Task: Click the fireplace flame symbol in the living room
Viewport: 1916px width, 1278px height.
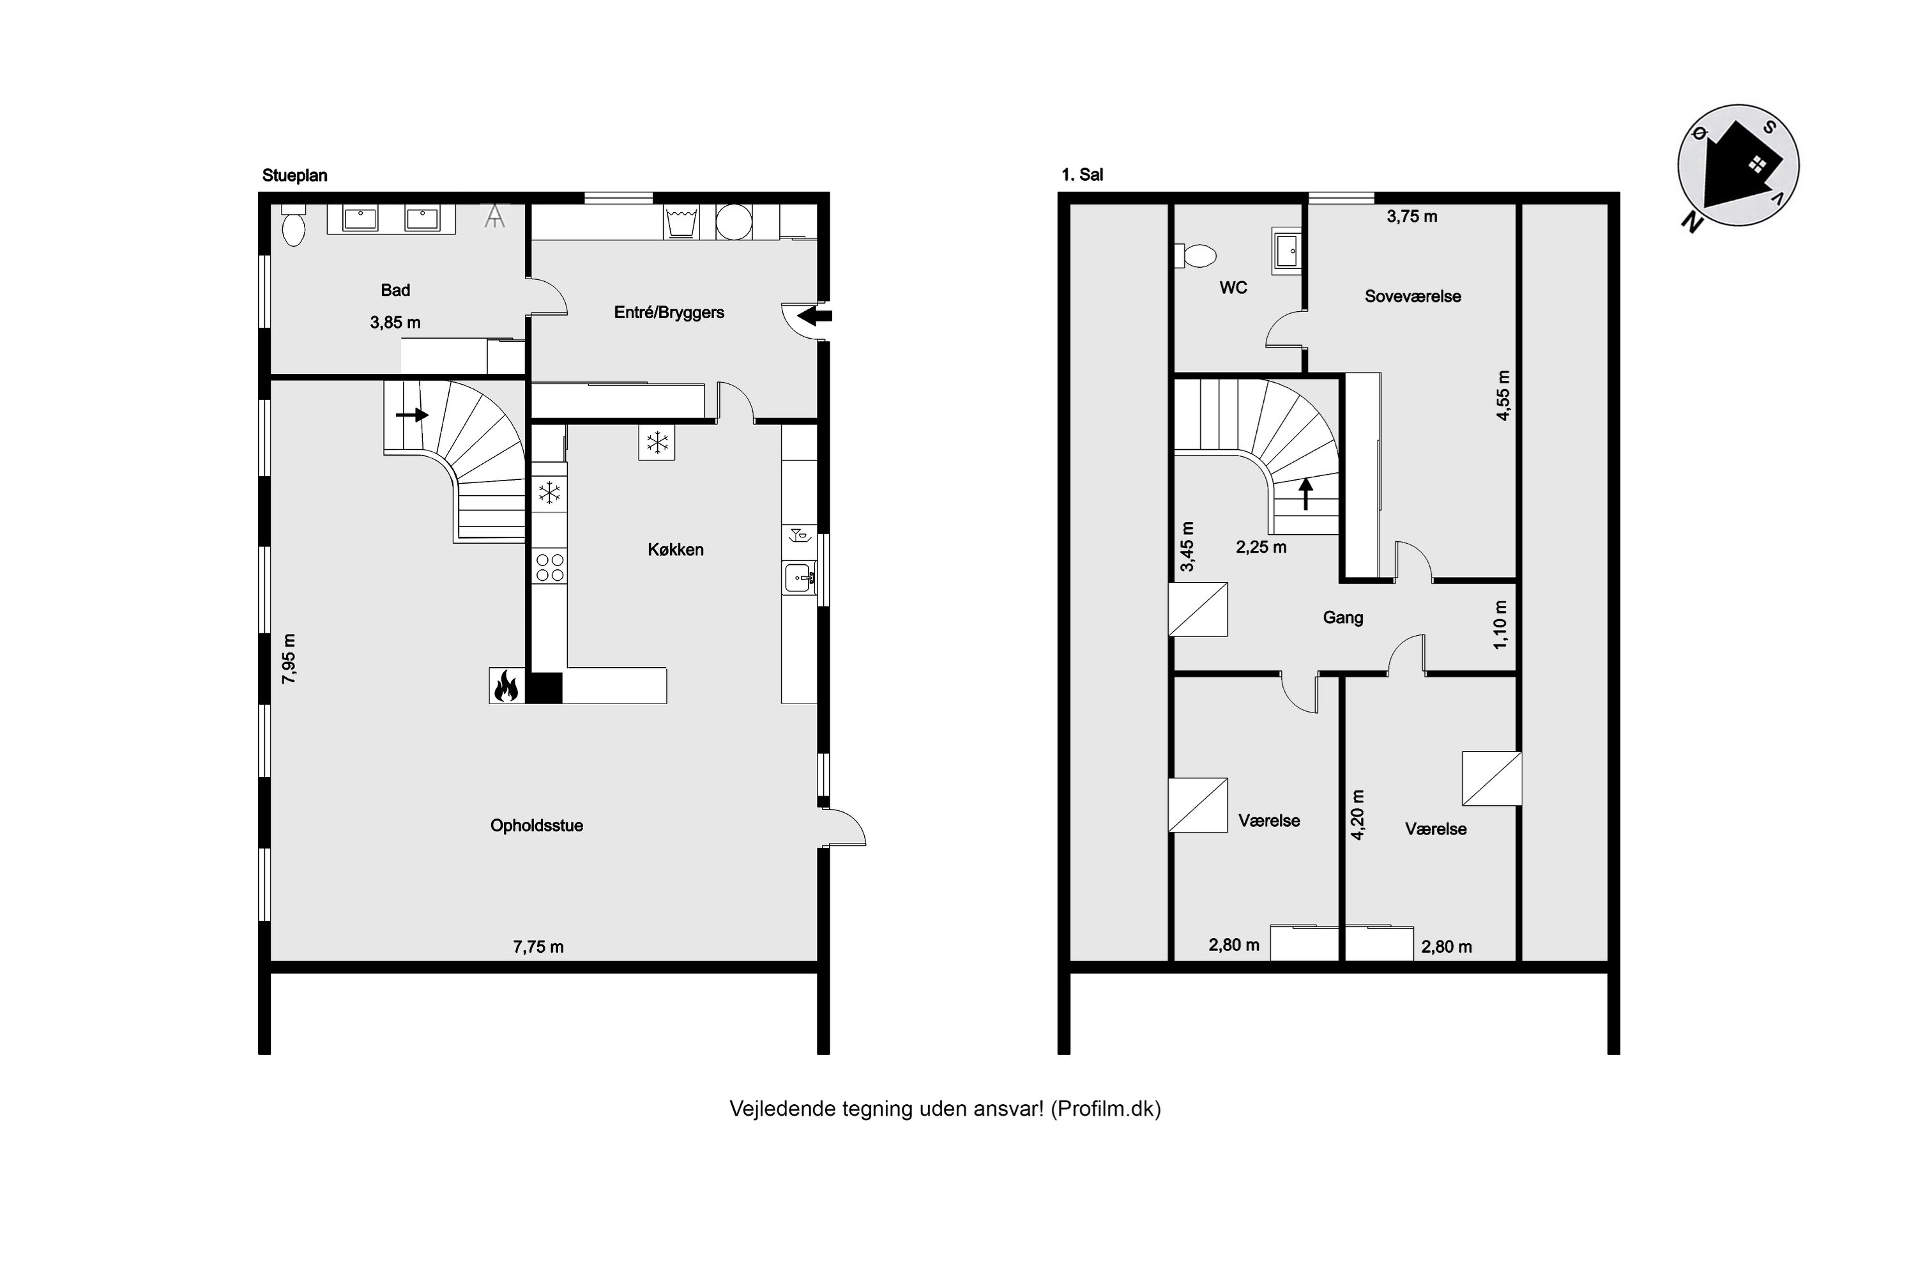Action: tap(506, 686)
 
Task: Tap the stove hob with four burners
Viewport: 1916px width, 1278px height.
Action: tap(550, 567)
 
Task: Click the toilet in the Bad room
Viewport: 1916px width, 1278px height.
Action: tap(293, 227)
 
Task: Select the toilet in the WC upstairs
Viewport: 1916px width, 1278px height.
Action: tap(1197, 256)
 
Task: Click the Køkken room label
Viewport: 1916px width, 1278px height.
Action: tap(675, 550)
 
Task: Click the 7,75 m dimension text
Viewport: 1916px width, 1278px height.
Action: tap(538, 947)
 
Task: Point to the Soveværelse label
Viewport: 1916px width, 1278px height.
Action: tap(1413, 296)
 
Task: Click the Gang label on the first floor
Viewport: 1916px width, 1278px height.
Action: tap(1342, 618)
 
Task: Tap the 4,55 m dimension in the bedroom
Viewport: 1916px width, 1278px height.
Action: tap(1503, 396)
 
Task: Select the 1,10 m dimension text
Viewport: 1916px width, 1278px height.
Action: tap(1500, 625)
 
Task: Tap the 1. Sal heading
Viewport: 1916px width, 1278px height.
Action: tap(1082, 174)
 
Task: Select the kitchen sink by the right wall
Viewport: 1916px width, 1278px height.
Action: tap(799, 578)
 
